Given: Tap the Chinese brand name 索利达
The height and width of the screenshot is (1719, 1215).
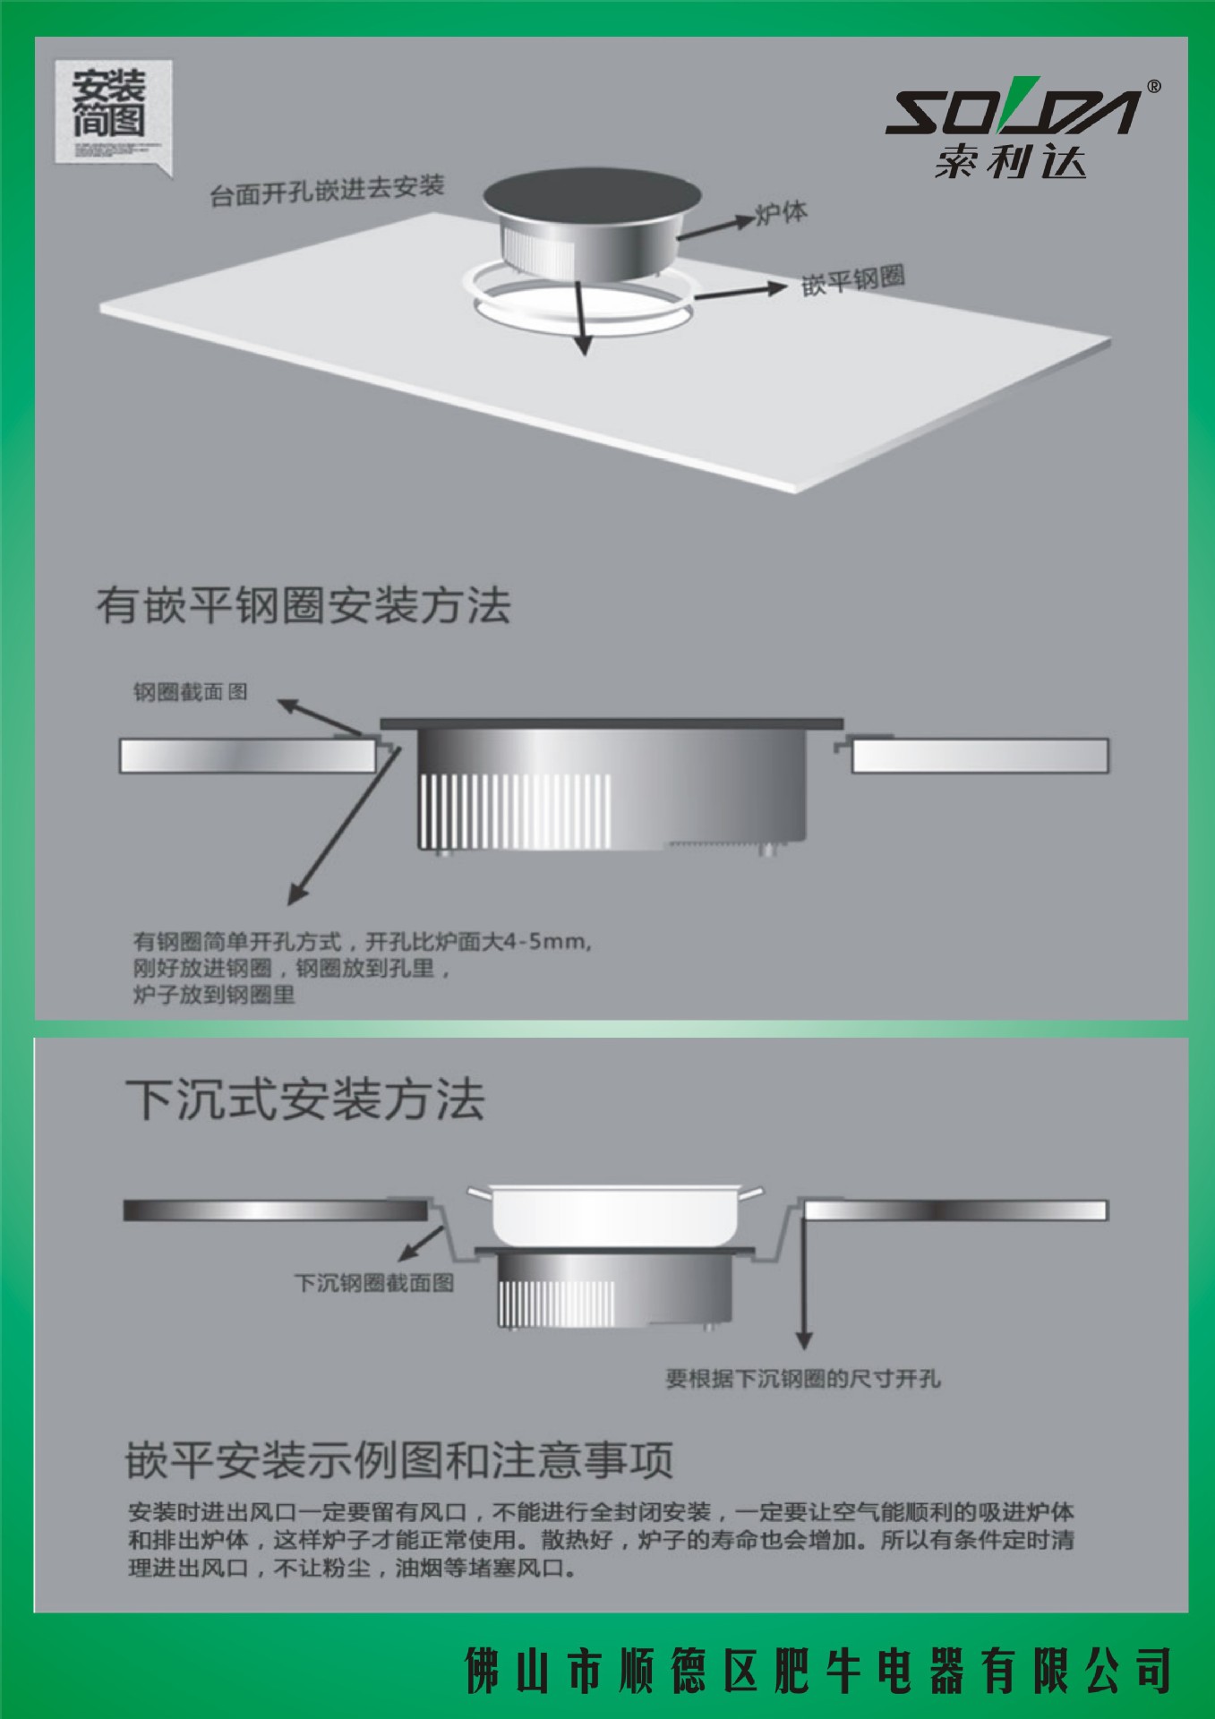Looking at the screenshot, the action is tap(1010, 162).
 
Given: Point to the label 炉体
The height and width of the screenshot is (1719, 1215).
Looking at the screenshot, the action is tap(781, 213).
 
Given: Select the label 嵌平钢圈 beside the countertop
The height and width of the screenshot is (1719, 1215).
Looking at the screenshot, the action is tap(852, 279).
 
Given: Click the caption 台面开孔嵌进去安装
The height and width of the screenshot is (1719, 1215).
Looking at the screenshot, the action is tap(327, 190).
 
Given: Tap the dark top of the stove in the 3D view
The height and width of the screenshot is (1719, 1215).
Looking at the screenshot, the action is tap(591, 193).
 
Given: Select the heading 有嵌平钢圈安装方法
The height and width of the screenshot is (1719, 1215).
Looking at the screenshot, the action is tap(304, 605).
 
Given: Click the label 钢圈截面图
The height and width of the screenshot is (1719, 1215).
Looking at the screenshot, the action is tap(190, 691).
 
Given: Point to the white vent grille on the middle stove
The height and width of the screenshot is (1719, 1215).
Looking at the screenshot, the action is tap(515, 810).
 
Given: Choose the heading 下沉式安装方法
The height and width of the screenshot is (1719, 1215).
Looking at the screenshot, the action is tap(305, 1099).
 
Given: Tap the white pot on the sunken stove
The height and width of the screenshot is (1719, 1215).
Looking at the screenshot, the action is tap(614, 1214).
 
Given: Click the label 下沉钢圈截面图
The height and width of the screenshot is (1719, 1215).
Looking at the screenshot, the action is tap(374, 1283).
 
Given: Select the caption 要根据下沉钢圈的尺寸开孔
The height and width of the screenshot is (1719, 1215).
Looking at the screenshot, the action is tap(803, 1379).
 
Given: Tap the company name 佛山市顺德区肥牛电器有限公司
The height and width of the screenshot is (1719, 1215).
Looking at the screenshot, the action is tap(817, 1670).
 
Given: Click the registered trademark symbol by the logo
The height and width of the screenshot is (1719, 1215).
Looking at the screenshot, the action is tap(1154, 87).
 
